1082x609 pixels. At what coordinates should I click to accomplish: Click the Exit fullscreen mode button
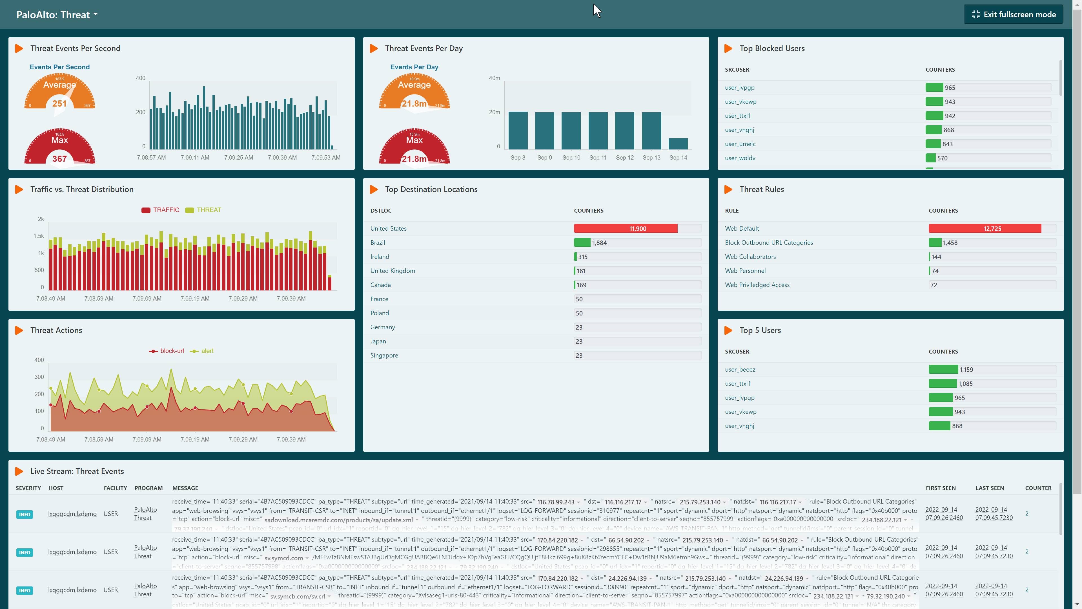pos(1013,15)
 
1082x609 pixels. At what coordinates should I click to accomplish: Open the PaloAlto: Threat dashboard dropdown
pos(57,15)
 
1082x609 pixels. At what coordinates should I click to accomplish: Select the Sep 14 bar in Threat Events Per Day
pos(678,144)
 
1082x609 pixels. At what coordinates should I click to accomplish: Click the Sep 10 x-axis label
pos(571,158)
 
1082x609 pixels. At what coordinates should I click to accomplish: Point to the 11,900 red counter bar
pos(626,229)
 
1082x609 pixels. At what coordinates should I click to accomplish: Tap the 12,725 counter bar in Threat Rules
pos(985,229)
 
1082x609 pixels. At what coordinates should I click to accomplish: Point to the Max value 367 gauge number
pos(60,159)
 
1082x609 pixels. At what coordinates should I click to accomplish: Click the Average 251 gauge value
pos(60,104)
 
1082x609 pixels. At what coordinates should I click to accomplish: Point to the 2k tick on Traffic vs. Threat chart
pos(41,219)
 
